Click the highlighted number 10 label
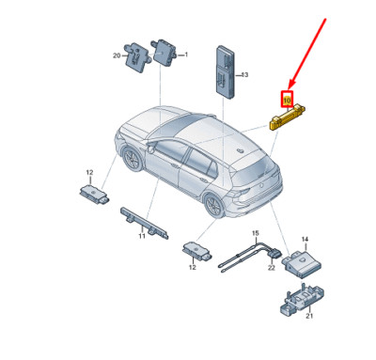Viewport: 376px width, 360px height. (288, 97)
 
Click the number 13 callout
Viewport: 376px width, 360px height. (244, 74)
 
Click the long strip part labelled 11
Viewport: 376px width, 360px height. (140, 222)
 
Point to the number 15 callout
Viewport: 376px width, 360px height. (254, 232)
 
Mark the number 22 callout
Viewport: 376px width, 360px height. (271, 270)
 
